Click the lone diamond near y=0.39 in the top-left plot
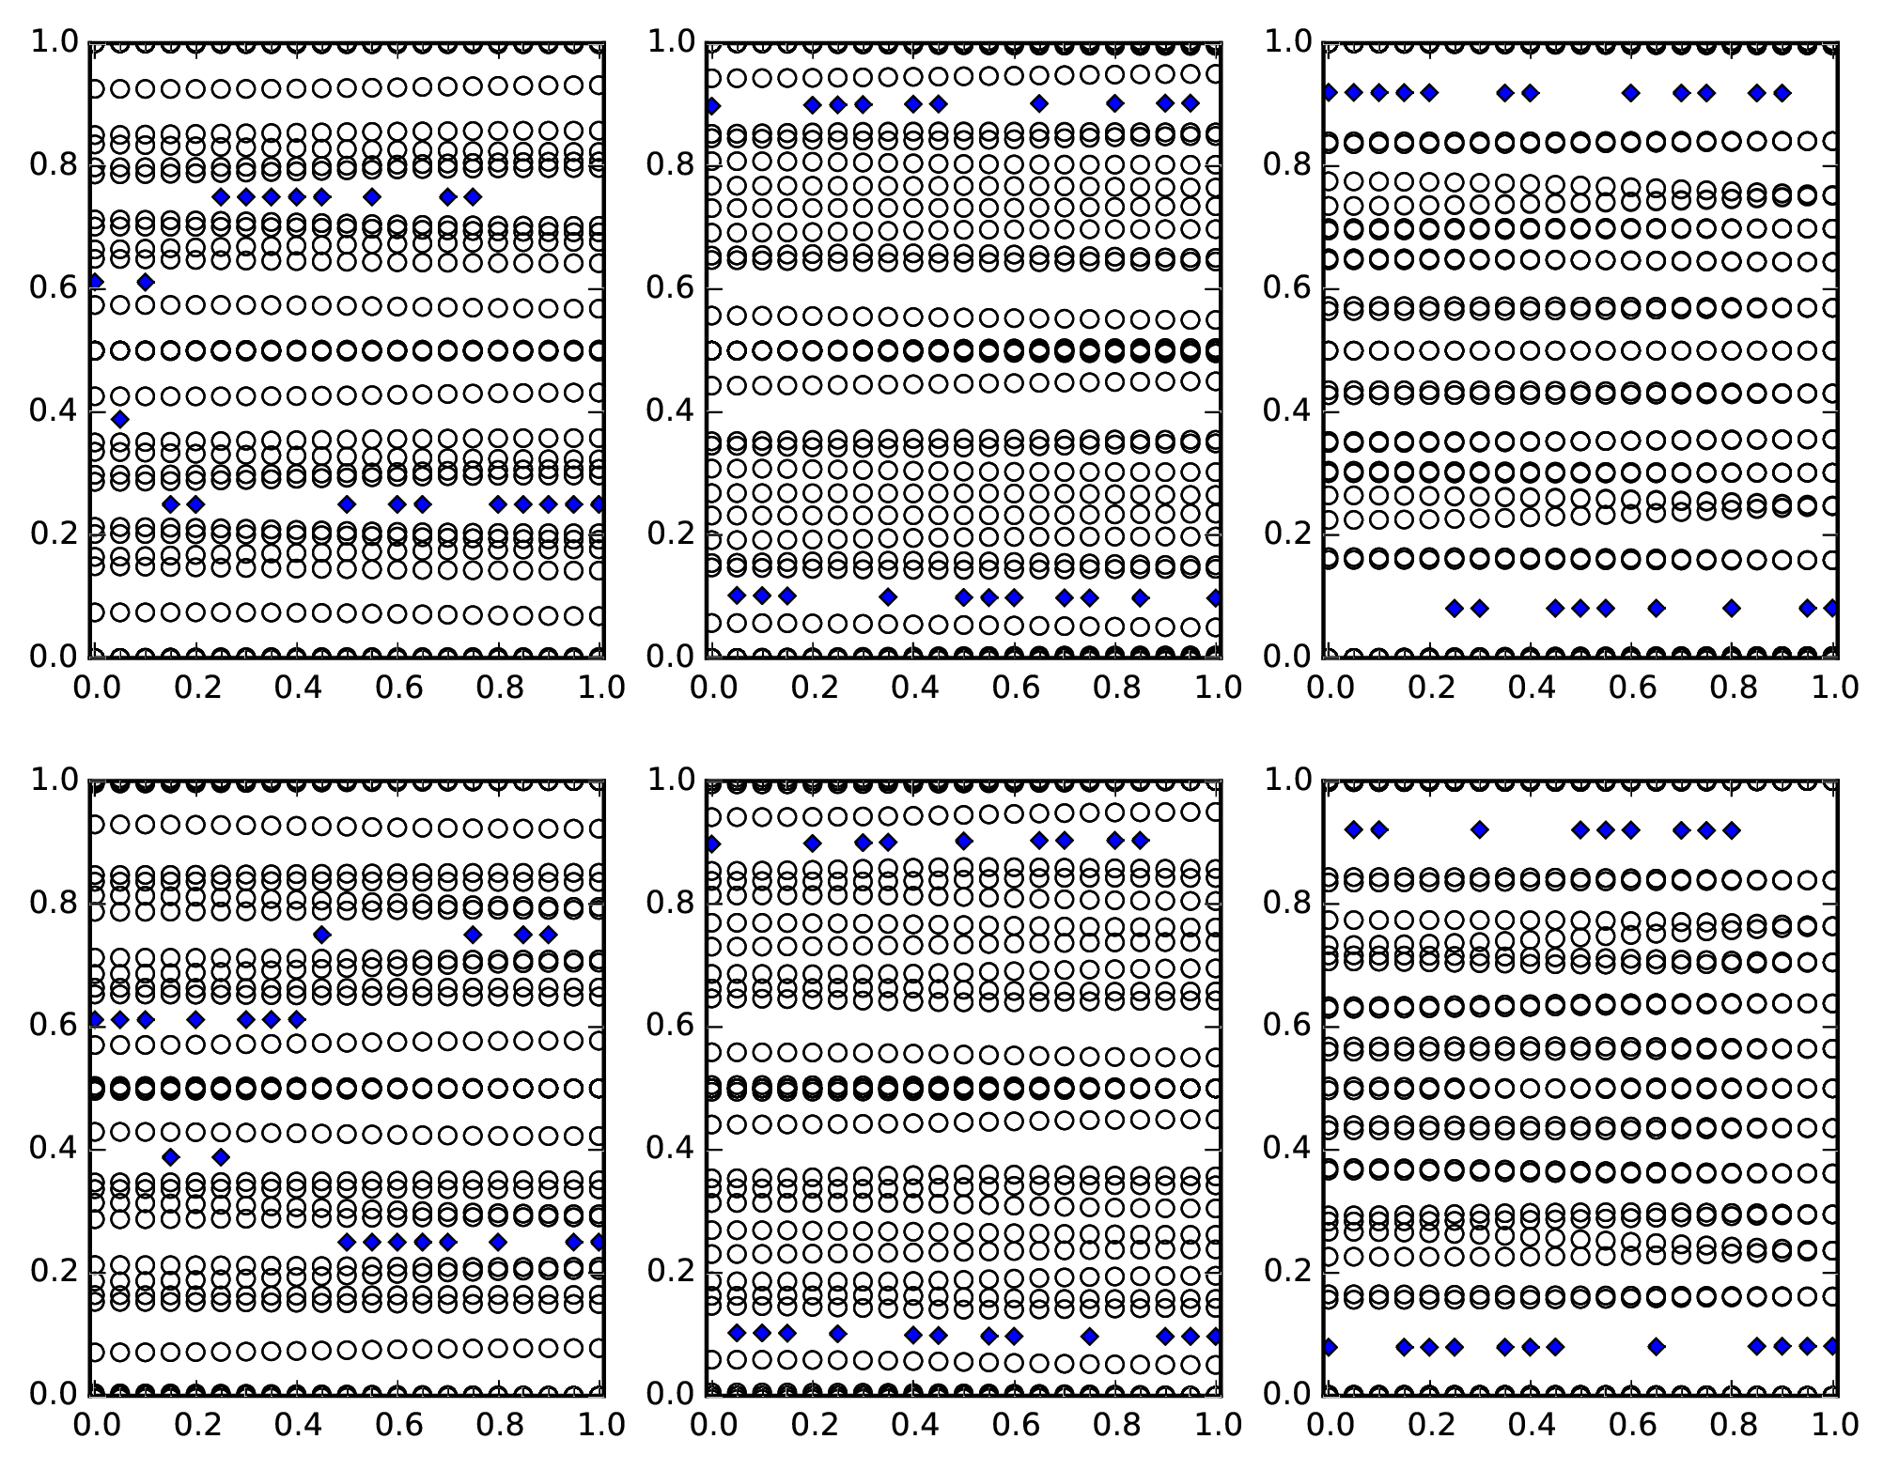[x=119, y=419]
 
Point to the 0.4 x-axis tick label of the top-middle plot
[x=912, y=688]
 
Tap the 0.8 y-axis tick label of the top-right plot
[x=1286, y=165]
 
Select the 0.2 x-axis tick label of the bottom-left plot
[x=195, y=1425]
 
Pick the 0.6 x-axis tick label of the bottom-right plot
[x=1630, y=1425]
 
